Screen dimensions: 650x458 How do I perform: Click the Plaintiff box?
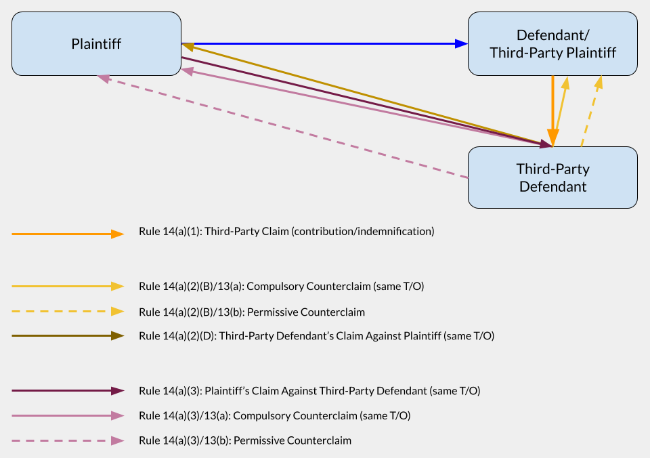96,43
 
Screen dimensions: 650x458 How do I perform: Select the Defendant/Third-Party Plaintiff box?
552,43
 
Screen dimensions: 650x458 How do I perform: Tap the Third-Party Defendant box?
552,177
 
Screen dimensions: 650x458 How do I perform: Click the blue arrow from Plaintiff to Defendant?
324,43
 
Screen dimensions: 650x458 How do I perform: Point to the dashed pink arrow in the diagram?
282,127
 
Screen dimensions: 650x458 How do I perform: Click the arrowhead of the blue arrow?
461,43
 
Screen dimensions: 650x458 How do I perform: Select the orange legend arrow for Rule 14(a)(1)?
68,234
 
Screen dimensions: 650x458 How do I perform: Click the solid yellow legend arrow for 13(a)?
68,286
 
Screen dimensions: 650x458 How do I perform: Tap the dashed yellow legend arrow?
68,312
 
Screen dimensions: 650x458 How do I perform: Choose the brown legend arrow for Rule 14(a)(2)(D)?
68,335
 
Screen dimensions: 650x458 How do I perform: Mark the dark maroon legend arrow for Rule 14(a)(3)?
68,391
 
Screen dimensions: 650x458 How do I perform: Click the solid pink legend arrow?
68,416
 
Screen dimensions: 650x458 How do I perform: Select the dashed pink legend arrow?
68,440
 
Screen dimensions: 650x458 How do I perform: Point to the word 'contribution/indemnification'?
363,232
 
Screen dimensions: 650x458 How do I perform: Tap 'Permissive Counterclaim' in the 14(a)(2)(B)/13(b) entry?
306,312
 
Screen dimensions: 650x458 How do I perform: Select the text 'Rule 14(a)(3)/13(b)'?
184,440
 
